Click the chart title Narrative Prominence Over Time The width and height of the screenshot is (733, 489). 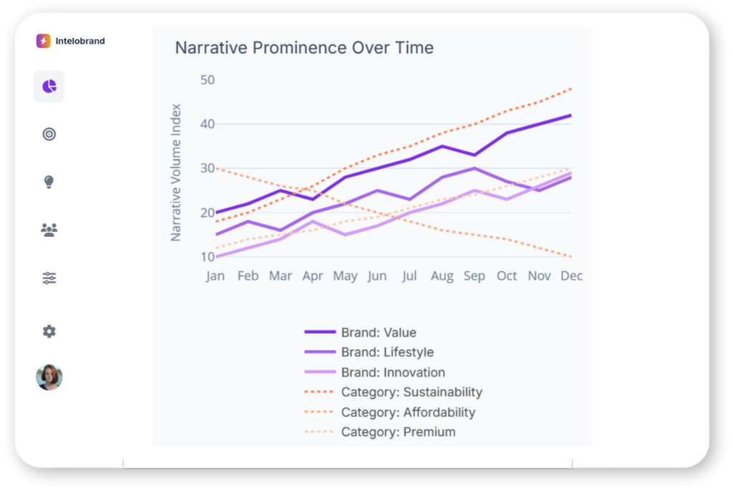point(304,48)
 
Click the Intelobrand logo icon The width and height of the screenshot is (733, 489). point(44,41)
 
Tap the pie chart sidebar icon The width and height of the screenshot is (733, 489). point(49,87)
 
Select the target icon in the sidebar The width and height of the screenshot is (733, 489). point(49,134)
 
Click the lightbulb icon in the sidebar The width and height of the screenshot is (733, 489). point(49,182)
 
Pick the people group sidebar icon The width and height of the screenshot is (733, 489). point(49,230)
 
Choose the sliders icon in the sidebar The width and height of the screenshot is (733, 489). point(49,278)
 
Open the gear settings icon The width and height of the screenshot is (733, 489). point(49,331)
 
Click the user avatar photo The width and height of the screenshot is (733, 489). point(49,377)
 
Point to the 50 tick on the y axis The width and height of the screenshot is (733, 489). point(207,79)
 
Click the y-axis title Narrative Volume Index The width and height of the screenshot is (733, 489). point(176,173)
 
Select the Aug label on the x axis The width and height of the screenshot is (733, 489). point(442,276)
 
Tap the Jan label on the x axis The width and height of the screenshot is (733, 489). point(215,276)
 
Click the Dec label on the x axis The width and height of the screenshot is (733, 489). point(571,276)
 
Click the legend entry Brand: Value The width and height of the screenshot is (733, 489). point(379,332)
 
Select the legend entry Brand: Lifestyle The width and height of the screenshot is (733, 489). point(387,352)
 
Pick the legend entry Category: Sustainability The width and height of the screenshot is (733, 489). point(412,392)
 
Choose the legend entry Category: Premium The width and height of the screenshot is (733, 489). point(398,432)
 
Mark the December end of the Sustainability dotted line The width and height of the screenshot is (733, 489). point(571,89)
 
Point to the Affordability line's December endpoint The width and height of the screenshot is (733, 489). point(571,256)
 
